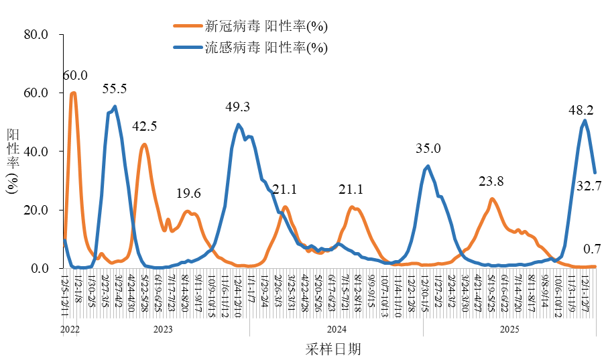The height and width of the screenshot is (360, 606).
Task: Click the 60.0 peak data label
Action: point(75,75)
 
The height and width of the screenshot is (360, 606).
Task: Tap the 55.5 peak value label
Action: point(115,88)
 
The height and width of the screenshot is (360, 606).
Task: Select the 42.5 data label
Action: point(144,126)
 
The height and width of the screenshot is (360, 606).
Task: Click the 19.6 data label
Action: point(188,194)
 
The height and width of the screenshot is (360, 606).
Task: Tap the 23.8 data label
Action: point(491,181)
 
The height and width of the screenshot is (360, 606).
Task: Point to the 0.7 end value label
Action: point(592,249)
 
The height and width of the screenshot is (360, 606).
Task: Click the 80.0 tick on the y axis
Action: point(36,35)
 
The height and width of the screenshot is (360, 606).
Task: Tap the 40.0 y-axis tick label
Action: point(36,152)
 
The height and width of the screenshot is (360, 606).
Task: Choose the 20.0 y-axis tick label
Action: point(36,211)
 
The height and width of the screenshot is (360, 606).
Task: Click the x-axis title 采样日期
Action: point(332,349)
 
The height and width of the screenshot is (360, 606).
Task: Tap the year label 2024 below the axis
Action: point(336,329)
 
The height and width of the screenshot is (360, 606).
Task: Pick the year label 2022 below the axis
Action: point(70,329)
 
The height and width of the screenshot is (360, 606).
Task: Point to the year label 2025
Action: point(509,329)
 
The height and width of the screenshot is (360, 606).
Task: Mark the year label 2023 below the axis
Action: point(163,329)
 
